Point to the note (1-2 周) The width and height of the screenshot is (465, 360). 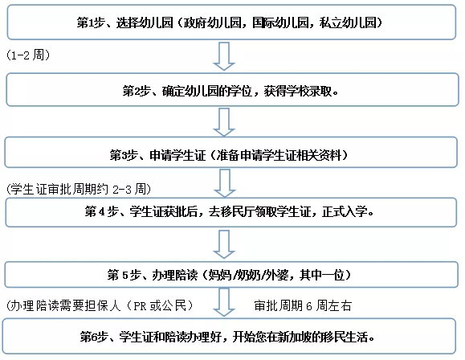pos(28,55)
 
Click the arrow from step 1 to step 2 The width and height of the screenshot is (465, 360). pos(224,56)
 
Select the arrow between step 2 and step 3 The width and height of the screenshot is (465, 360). pos(224,122)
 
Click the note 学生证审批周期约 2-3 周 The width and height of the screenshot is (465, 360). pos(79,189)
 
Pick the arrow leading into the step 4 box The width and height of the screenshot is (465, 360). pos(225,183)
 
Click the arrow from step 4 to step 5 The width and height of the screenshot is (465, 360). pos(224,244)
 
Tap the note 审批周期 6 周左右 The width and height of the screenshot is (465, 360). pos(303,305)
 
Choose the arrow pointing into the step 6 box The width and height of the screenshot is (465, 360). pos(224,302)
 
